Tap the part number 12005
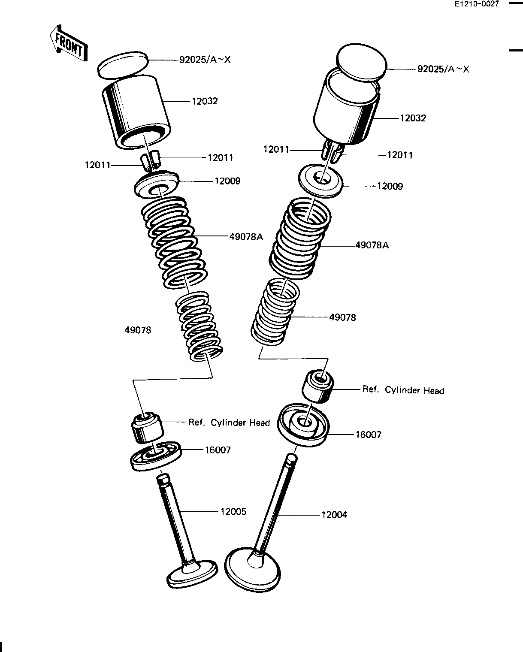point(233,511)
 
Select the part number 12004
point(334,514)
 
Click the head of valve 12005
point(192,573)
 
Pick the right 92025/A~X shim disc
point(362,63)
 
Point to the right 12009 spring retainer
point(320,182)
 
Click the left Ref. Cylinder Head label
point(229,423)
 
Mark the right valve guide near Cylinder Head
point(318,385)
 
